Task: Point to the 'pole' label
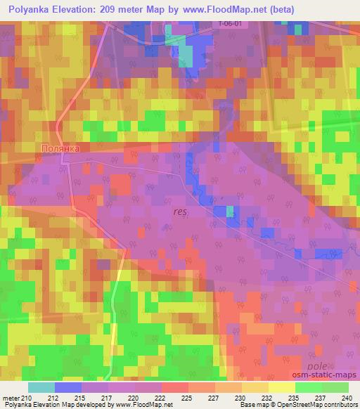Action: pos(318,366)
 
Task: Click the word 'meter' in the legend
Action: pos(12,398)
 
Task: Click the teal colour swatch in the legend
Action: pos(41,387)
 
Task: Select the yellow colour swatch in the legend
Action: pos(282,387)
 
